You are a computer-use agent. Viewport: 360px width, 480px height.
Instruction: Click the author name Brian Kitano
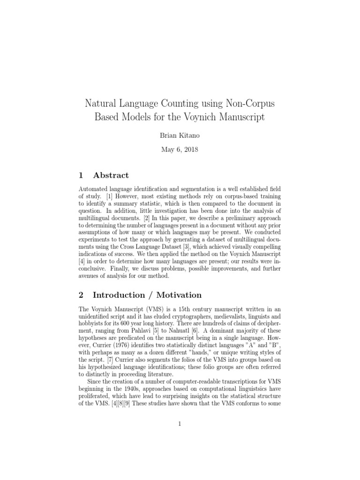[x=180, y=136]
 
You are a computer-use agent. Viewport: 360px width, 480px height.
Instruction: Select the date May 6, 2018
[x=180, y=150]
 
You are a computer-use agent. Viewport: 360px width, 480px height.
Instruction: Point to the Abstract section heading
[x=111, y=175]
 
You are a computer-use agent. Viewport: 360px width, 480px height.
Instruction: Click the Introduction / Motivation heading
[x=147, y=295]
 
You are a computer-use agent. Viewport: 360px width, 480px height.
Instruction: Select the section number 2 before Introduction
[x=82, y=295]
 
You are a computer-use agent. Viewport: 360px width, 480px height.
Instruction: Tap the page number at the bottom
[x=180, y=424]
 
